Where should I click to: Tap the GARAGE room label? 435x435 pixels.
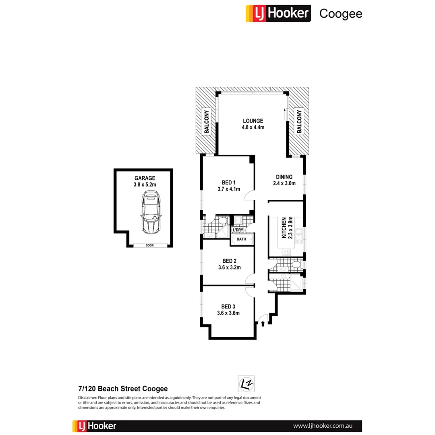145,178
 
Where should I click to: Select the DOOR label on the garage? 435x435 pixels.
149,245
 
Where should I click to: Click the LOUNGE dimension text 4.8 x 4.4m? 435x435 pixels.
253,127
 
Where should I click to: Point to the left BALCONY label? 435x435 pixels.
207,122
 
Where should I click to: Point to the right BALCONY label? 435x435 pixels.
299,121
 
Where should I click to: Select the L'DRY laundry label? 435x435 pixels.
238,230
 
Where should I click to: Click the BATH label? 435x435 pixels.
241,239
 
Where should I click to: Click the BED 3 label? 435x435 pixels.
228,306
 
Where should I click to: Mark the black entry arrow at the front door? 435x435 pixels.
263,323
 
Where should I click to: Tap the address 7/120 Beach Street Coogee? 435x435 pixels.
122,389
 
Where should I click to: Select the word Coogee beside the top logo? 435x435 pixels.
340,14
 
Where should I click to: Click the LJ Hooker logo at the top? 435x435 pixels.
278,13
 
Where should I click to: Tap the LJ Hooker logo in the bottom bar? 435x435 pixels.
95,426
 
